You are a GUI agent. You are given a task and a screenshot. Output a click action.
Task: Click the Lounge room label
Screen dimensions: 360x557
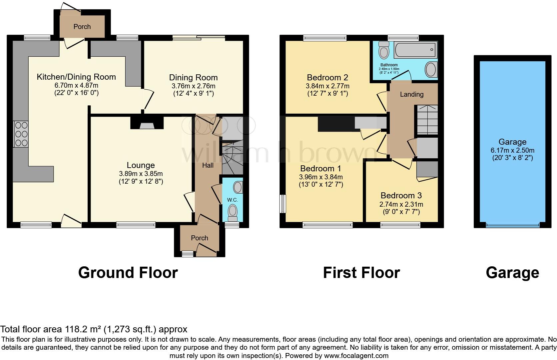pos(141,165)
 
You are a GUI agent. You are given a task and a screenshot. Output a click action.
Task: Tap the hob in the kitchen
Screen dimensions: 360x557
pos(21,134)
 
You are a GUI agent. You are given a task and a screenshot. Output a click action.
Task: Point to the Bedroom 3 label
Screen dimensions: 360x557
pos(401,196)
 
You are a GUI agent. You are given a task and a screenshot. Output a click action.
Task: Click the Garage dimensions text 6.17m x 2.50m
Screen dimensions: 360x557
pos(512,150)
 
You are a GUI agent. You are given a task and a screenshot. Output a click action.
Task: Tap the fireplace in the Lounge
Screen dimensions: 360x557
pos(147,123)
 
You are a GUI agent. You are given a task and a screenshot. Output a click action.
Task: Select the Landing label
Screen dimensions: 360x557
pos(411,94)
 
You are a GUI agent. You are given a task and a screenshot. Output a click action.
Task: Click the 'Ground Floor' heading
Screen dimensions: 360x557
pos(128,273)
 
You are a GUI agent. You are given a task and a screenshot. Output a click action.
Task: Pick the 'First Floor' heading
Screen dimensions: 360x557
pos(361,273)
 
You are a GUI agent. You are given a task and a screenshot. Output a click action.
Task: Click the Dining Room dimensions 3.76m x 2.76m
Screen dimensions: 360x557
pos(193,86)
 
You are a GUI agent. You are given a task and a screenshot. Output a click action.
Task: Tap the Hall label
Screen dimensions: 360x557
pos(208,165)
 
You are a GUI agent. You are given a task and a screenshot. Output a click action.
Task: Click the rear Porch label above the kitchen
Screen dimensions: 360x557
pos(82,27)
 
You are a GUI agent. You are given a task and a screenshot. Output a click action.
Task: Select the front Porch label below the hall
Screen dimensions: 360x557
pos(199,238)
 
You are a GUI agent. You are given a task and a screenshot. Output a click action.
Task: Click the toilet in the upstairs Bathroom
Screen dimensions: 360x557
pos(384,51)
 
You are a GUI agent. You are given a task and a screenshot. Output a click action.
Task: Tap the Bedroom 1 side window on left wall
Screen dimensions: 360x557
pos(283,204)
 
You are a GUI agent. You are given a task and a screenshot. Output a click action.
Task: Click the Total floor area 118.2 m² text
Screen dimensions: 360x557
pos(94,329)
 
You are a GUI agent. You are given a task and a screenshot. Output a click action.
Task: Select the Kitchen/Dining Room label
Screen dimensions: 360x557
pos(76,77)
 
